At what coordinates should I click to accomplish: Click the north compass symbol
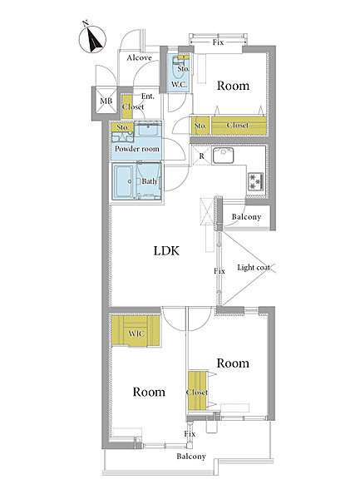point(92,39)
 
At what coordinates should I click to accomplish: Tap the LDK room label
point(166,251)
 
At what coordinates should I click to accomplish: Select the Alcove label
point(139,57)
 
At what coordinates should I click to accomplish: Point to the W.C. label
point(179,84)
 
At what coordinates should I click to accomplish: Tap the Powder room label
point(136,149)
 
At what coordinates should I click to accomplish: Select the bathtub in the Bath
point(124,181)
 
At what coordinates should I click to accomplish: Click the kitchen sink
point(223,156)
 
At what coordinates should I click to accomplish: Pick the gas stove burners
point(256,181)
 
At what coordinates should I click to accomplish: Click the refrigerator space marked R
point(201,156)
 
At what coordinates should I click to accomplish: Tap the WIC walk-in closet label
point(136,333)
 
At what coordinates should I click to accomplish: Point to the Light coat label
point(254,267)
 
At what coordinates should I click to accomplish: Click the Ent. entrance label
point(147,96)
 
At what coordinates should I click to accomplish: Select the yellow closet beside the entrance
point(127,107)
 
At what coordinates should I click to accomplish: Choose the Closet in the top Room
point(239,126)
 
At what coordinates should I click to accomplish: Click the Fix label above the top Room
point(218,42)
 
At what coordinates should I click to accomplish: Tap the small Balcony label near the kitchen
point(246,217)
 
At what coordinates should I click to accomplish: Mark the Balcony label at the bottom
point(191,457)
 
